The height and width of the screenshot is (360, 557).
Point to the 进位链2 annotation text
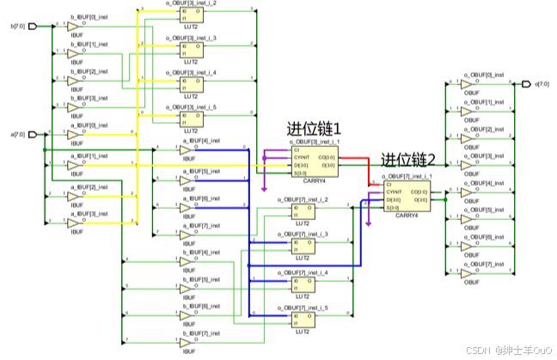coord(409,160)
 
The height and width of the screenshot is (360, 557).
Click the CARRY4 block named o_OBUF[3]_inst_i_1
coord(314,160)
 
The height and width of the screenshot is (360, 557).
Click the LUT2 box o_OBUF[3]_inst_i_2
coord(192,17)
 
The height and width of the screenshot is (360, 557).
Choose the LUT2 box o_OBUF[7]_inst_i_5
coord(303,319)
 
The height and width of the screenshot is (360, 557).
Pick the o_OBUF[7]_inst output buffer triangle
coord(467,275)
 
